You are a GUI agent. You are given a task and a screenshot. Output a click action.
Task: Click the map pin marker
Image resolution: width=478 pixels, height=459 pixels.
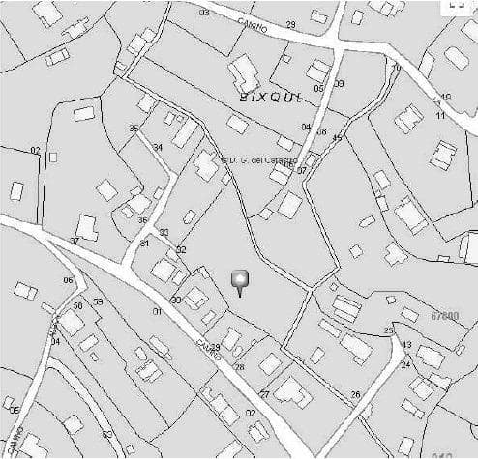pyautogui.click(x=241, y=282)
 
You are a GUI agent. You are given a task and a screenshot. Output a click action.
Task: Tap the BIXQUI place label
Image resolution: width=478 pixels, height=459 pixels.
pyautogui.click(x=271, y=98)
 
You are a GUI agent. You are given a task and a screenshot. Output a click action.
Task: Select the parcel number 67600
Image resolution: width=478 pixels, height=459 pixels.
pyautogui.click(x=444, y=315)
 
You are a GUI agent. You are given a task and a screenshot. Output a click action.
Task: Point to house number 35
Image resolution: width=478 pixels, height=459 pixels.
pyautogui.click(x=134, y=129)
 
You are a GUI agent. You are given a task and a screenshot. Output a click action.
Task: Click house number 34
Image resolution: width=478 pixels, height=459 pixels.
pyautogui.click(x=158, y=147)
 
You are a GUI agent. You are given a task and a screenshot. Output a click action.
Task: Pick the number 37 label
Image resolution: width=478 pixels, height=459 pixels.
pyautogui.click(x=75, y=241)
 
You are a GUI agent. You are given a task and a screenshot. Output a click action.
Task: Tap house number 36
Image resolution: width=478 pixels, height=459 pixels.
pyautogui.click(x=142, y=220)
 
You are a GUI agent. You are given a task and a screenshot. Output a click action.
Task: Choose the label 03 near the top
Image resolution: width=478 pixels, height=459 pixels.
pyautogui.click(x=204, y=14)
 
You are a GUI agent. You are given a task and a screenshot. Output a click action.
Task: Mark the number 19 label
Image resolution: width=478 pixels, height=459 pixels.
pyautogui.click(x=445, y=98)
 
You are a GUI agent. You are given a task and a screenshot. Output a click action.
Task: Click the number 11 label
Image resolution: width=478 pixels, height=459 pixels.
pyautogui.click(x=440, y=115)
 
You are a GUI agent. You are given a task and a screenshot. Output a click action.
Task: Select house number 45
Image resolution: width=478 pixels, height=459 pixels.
pyautogui.click(x=337, y=138)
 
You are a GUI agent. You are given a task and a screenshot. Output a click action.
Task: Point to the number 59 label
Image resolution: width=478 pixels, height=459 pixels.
pyautogui.click(x=98, y=301)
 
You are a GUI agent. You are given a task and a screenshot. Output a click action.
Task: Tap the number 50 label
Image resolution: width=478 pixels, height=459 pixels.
pyautogui.click(x=77, y=305)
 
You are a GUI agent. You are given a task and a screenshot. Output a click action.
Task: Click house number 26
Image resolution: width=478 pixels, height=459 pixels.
pyautogui.click(x=355, y=394)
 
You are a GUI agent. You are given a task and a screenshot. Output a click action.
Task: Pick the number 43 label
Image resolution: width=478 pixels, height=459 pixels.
pyautogui.click(x=406, y=345)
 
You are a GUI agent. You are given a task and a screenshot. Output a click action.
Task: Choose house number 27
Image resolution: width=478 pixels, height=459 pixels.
pyautogui.click(x=264, y=394)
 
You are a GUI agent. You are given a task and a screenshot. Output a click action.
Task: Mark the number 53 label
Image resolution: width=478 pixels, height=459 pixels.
pyautogui.click(x=106, y=435)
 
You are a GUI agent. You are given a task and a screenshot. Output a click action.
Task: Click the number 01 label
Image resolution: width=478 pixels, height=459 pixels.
pyautogui.click(x=157, y=312)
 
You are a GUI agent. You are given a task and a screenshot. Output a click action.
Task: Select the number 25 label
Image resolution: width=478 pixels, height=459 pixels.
pyautogui.click(x=389, y=330)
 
